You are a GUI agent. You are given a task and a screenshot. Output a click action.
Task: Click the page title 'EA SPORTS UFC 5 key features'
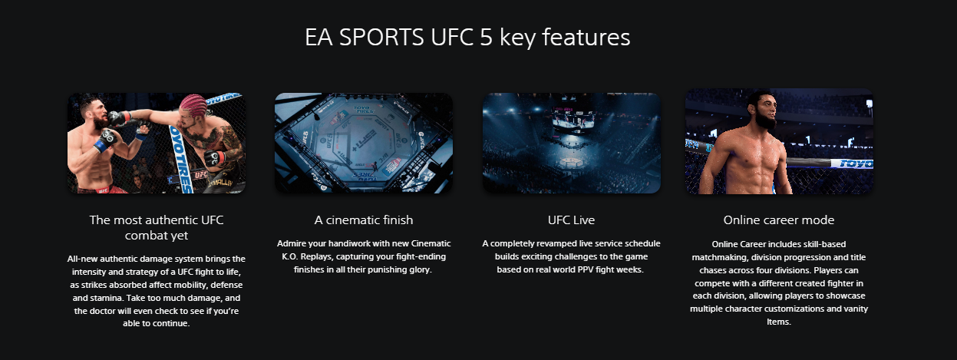(467, 38)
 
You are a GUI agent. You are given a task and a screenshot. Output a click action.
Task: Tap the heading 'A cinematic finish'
(364, 220)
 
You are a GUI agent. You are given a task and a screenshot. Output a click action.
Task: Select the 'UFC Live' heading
(571, 220)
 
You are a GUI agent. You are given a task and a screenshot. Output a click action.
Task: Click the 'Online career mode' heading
(778, 220)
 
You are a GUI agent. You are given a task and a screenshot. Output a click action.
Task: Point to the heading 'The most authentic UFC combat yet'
(157, 227)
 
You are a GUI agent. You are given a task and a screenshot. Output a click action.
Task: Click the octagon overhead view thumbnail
(364, 143)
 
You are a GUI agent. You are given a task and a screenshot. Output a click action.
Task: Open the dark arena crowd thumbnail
(571, 143)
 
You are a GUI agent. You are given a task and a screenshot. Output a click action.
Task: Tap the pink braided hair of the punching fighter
(194, 104)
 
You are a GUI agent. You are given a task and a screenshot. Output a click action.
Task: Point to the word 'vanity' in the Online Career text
(855, 309)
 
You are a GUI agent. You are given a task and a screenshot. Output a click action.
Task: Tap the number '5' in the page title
(487, 38)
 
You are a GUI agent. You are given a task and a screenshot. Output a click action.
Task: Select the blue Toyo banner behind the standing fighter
(851, 163)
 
